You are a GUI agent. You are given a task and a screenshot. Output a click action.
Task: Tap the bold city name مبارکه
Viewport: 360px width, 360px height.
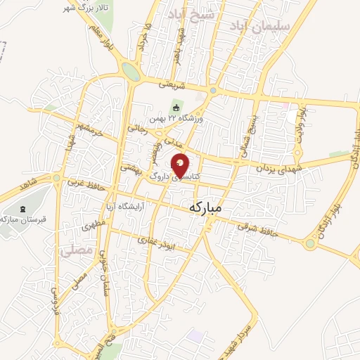[215, 207]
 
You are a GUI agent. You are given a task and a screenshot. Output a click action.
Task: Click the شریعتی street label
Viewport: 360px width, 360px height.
[172, 84]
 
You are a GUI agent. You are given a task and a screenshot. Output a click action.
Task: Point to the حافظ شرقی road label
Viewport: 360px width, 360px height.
[254, 226]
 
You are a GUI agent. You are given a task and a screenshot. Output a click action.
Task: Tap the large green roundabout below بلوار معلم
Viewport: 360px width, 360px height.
[130, 70]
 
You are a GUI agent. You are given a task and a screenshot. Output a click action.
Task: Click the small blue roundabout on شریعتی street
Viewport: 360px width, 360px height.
[213, 91]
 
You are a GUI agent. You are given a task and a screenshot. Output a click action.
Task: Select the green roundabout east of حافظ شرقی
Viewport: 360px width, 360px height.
[310, 244]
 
